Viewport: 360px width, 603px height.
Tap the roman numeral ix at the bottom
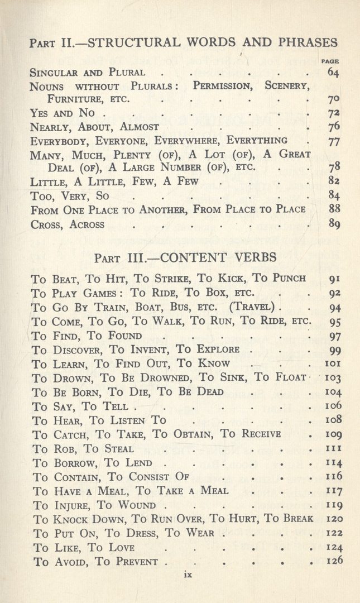point(188,576)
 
